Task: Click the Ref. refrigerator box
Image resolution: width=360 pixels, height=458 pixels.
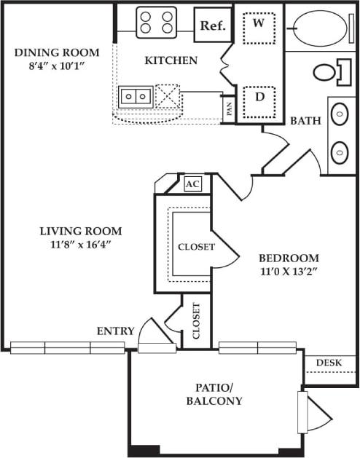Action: pos(213,26)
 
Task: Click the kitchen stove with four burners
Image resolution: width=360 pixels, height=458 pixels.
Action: pos(157,23)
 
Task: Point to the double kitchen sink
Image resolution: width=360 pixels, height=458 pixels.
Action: pos(136,95)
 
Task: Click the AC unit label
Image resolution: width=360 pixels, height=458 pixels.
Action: pos(192,184)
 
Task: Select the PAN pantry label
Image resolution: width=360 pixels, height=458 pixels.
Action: pos(229,110)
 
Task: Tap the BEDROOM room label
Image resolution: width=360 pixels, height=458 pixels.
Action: pos(289,258)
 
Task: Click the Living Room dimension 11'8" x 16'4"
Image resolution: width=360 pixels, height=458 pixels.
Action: pos(80,245)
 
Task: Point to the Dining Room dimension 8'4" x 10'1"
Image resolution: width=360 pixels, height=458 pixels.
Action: pos(50,66)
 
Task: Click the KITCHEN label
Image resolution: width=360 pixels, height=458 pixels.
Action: pos(171,60)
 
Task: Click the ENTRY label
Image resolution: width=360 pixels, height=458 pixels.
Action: pos(116,331)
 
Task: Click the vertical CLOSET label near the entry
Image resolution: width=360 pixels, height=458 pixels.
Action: pos(197,320)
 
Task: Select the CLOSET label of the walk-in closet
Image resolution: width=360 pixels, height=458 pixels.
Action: pos(197,247)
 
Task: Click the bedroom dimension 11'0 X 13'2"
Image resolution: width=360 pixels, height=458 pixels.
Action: pos(289,272)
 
